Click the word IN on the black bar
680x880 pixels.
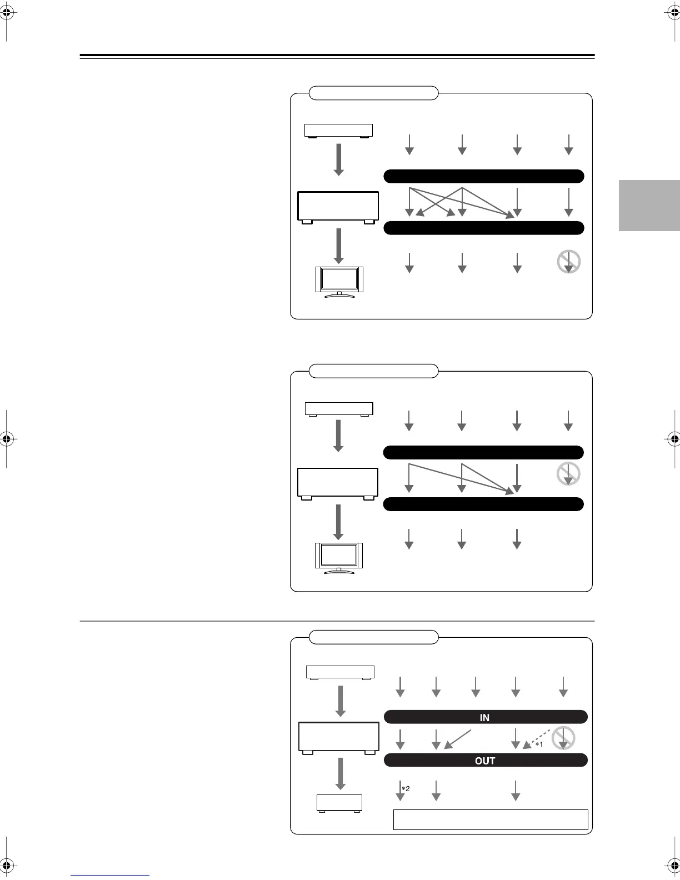pyautogui.click(x=484, y=718)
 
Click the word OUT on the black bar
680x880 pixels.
pyautogui.click(x=484, y=761)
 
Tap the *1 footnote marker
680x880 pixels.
pyautogui.click(x=538, y=745)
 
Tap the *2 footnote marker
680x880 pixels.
pyautogui.click(x=406, y=788)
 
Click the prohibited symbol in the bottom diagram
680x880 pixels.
pyautogui.click(x=563, y=738)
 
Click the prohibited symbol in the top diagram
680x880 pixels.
pyautogui.click(x=568, y=262)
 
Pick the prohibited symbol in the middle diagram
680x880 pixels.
pyautogui.click(x=568, y=474)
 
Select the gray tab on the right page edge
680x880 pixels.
pyautogui.click(x=649, y=205)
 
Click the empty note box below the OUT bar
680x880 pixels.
pyautogui.click(x=491, y=819)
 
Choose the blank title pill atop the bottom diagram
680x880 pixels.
pyautogui.click(x=373, y=637)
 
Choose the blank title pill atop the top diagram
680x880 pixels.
pyautogui.click(x=373, y=93)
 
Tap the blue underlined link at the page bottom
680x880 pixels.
pyautogui.click(x=110, y=876)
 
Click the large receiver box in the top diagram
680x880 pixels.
pyautogui.click(x=338, y=206)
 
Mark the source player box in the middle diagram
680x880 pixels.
pyautogui.click(x=339, y=409)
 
